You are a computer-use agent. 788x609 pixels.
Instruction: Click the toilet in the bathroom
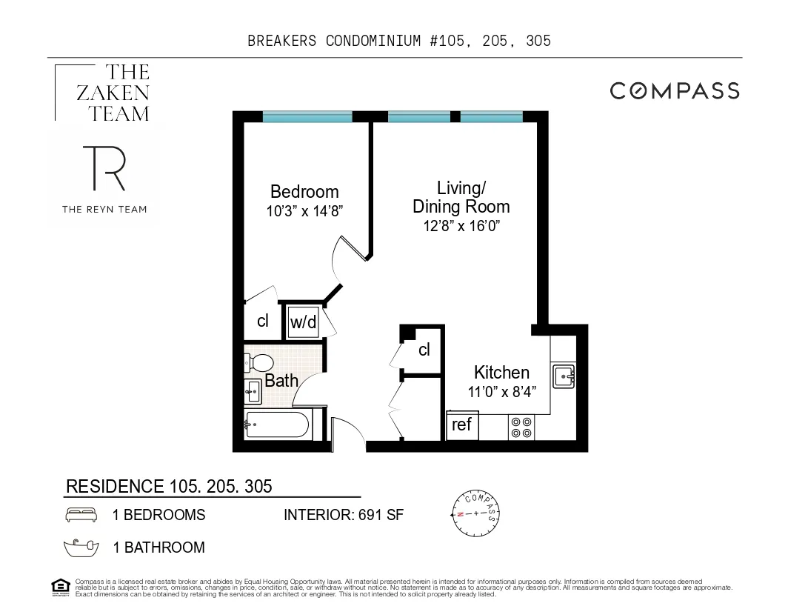pyautogui.click(x=259, y=362)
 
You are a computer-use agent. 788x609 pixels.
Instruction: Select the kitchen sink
pyautogui.click(x=564, y=376)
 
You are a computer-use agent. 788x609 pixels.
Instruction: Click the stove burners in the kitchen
pyautogui.click(x=521, y=427)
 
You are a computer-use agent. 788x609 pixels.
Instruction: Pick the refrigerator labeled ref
pyautogui.click(x=462, y=425)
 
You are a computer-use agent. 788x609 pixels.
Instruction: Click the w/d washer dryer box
pyautogui.click(x=302, y=322)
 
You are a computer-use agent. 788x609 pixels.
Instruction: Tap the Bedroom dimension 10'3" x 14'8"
pyautogui.click(x=304, y=210)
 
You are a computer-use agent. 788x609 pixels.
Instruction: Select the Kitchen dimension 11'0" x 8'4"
pyautogui.click(x=501, y=392)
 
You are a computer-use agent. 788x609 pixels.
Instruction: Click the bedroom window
pyautogui.click(x=307, y=116)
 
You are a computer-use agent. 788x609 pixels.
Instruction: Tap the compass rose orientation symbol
pyautogui.click(x=475, y=513)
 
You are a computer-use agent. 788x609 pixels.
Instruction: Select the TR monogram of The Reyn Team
pyautogui.click(x=103, y=168)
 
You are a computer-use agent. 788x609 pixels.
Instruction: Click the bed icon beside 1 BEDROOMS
pyautogui.click(x=81, y=515)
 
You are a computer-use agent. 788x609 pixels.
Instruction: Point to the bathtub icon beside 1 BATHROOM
pyautogui.click(x=81, y=548)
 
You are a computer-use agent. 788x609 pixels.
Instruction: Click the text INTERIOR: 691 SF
pyautogui.click(x=344, y=515)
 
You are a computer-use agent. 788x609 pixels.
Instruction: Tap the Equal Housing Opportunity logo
pyautogui.click(x=60, y=586)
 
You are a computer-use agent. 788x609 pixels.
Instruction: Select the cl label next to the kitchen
pyautogui.click(x=424, y=350)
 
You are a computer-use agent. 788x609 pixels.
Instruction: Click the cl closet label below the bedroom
pyautogui.click(x=262, y=321)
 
